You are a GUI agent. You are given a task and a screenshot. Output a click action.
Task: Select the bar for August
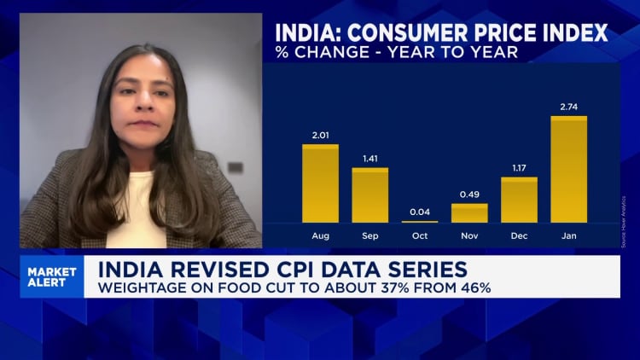point(320,183)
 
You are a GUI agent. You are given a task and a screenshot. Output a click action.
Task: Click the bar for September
point(370,195)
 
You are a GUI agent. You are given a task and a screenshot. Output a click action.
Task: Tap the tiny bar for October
point(420,222)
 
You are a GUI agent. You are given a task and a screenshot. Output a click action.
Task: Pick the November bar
point(469,213)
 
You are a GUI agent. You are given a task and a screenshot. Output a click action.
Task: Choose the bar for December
point(519,200)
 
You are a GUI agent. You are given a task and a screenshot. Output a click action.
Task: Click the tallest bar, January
point(569,170)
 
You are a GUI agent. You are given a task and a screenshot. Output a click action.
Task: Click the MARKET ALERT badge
point(52,277)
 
